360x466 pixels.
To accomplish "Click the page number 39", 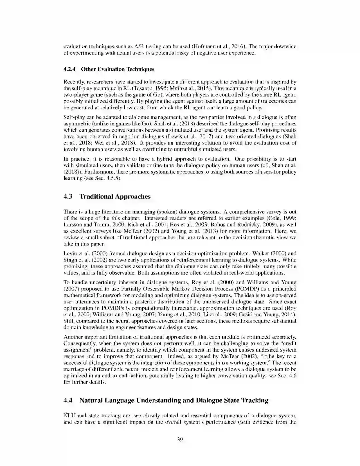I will point(180,439).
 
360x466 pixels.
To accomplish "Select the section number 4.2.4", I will point(69,69).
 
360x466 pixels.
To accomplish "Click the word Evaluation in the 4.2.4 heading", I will point(111,69).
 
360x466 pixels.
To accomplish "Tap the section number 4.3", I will point(68,196).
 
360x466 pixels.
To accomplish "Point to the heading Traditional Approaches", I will point(115,196).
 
